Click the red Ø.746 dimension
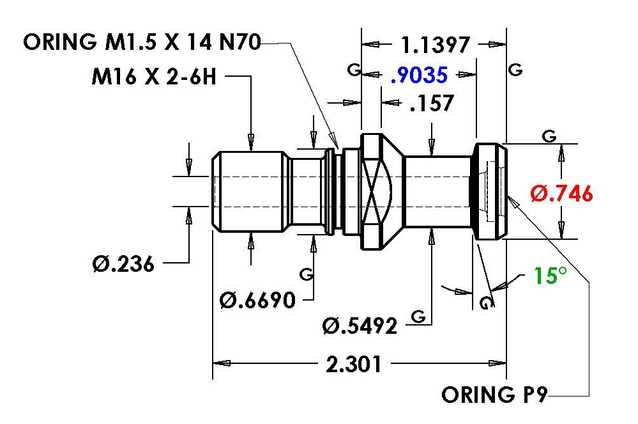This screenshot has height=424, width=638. pyautogui.click(x=561, y=194)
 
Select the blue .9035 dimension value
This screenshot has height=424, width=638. pyautogui.click(x=419, y=75)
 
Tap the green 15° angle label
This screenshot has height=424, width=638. pyautogui.click(x=550, y=276)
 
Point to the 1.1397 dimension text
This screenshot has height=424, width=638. pyautogui.click(x=436, y=45)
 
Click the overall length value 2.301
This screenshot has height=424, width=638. pyautogui.click(x=354, y=364)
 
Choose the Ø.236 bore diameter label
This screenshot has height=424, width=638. pyautogui.click(x=123, y=263)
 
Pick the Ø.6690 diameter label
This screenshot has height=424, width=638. pyautogui.click(x=257, y=301)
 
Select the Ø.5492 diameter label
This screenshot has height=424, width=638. pyautogui.click(x=360, y=326)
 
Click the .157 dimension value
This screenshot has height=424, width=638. pyautogui.click(x=432, y=103)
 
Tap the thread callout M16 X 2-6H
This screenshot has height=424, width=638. pyautogui.click(x=154, y=77)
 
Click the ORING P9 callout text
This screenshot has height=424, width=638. pyautogui.click(x=494, y=395)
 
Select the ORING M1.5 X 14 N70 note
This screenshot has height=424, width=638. pyautogui.click(x=142, y=42)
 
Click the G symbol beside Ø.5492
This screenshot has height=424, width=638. pyautogui.click(x=418, y=316)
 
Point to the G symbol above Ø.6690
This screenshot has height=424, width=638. pyautogui.click(x=307, y=274)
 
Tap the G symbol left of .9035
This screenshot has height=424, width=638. pyautogui.click(x=354, y=70)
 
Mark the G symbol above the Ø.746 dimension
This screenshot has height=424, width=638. pyautogui.click(x=549, y=136)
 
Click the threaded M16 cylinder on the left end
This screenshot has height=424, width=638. pyautogui.click(x=248, y=191)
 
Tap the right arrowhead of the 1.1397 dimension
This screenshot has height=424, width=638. pyautogui.click(x=497, y=44)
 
